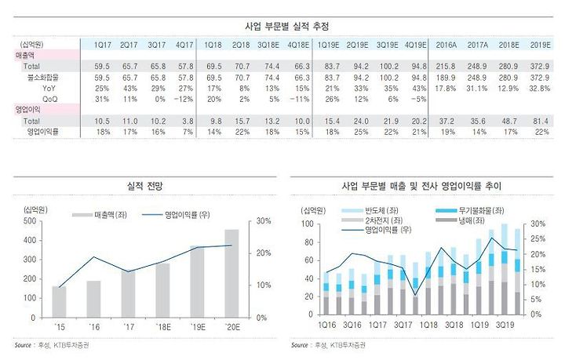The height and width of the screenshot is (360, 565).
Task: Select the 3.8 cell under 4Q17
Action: point(186,122)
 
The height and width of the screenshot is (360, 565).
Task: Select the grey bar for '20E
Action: point(233,273)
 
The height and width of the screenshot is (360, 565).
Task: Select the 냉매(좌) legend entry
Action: point(465,222)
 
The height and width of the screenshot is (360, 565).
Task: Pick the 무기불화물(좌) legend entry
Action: point(473,211)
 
